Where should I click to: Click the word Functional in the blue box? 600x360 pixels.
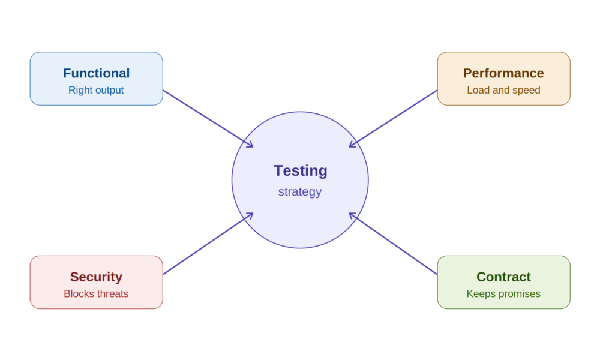click(97, 73)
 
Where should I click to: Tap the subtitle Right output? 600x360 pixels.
click(96, 90)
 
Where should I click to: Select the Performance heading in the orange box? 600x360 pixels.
click(503, 73)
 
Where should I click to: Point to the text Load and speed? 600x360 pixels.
click(503, 90)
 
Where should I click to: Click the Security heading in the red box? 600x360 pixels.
click(97, 277)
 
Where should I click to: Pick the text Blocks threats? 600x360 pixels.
click(96, 294)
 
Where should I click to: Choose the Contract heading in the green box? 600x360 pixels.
click(503, 277)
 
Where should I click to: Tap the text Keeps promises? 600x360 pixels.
click(503, 294)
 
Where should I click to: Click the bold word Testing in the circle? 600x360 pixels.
click(301, 170)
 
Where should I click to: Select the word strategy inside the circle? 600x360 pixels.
click(300, 191)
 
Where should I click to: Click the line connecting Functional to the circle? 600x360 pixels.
click(208, 119)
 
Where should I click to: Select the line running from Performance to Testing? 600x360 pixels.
click(394, 119)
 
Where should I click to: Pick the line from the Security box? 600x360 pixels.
click(208, 244)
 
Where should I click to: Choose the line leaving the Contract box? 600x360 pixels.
click(394, 244)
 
